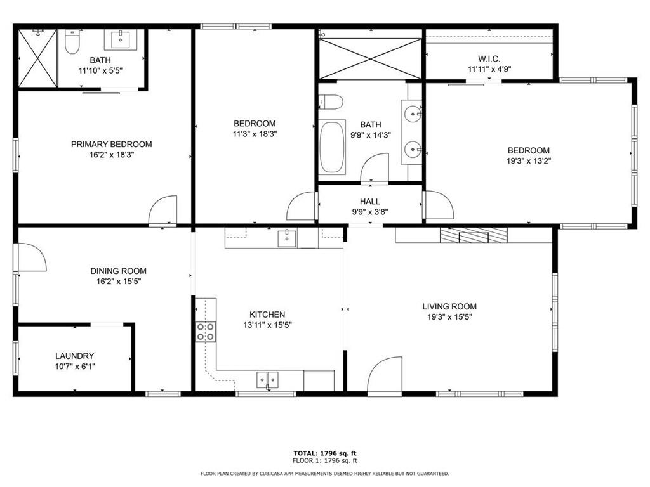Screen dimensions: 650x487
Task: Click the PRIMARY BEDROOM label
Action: [x=112, y=144]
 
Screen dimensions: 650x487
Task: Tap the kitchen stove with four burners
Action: [x=206, y=331]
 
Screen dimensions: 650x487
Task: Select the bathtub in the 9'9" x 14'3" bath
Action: [x=332, y=146]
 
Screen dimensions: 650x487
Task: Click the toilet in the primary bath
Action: [x=72, y=41]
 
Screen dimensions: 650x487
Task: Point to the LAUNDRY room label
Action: [x=75, y=356]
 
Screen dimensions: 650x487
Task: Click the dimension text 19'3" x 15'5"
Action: [x=450, y=317]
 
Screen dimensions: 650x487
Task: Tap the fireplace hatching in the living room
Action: [x=474, y=235]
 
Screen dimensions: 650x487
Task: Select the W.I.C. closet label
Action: [x=489, y=59]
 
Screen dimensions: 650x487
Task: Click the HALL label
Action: [x=370, y=201]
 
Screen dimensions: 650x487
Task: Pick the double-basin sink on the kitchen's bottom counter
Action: [x=267, y=379]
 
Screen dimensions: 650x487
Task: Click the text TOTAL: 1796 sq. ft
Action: [x=325, y=453]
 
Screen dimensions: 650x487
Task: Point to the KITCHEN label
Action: [x=267, y=315]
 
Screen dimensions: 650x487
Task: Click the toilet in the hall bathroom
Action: [x=330, y=101]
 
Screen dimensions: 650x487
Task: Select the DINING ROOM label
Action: [x=119, y=271]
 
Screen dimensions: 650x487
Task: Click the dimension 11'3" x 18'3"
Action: [x=255, y=134]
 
